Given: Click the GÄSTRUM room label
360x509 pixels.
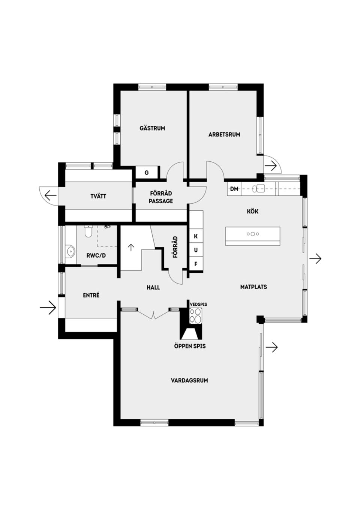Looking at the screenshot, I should pyautogui.click(x=152, y=128).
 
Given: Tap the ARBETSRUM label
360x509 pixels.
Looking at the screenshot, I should pyautogui.click(x=224, y=134).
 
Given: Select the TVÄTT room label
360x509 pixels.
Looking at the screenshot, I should pyautogui.click(x=98, y=196).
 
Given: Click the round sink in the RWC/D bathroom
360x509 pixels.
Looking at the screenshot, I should pyautogui.click(x=70, y=251).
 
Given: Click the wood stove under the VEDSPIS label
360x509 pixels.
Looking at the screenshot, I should pyautogui.click(x=196, y=315).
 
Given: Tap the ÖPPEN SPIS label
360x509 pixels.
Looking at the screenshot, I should pyautogui.click(x=190, y=346).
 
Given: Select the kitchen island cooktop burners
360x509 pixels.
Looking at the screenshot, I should pyautogui.click(x=253, y=234).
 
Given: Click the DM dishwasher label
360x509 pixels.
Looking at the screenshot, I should pyautogui.click(x=234, y=189).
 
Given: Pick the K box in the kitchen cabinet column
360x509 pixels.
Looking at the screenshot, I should pyautogui.click(x=196, y=236).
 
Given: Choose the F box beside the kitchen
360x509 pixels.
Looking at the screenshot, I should pyautogui.click(x=196, y=264).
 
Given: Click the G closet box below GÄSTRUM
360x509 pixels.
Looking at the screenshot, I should pyautogui.click(x=147, y=173).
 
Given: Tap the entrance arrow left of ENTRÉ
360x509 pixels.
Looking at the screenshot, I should pyautogui.click(x=48, y=308).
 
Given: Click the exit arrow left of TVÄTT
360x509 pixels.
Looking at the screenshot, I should pyautogui.click(x=50, y=195).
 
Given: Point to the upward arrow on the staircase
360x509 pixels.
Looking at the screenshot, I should pyautogui.click(x=131, y=247).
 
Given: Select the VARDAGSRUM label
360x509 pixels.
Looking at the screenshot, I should pyautogui.click(x=189, y=380).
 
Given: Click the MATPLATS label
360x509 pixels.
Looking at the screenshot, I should pyautogui.click(x=253, y=287).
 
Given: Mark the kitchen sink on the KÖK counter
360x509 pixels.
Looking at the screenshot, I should pyautogui.click(x=259, y=188).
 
